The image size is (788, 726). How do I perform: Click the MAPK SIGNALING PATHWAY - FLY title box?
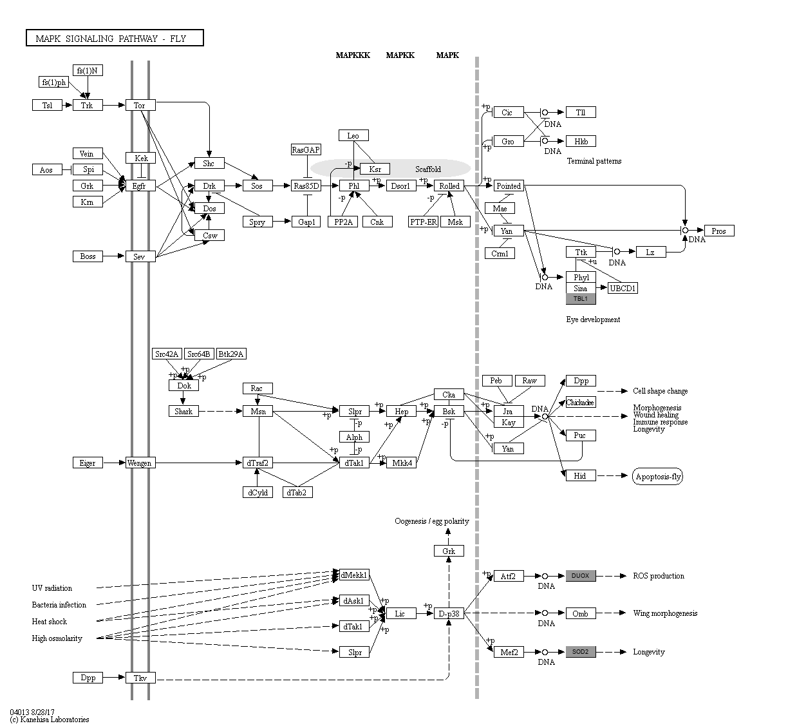(x=115, y=39)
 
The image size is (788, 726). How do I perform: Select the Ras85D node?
(x=306, y=186)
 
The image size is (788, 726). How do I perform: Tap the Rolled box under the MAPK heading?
(x=449, y=186)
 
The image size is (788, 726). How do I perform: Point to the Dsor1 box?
(x=400, y=186)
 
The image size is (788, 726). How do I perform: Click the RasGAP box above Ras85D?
(x=306, y=150)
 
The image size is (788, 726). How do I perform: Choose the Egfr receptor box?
(x=140, y=186)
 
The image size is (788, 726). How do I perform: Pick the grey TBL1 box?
(x=581, y=299)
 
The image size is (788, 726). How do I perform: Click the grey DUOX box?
(x=581, y=576)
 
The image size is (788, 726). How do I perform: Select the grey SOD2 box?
(x=581, y=652)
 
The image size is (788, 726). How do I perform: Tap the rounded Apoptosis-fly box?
(x=657, y=477)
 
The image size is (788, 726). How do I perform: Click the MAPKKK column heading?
(x=353, y=55)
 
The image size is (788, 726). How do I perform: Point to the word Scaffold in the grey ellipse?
(x=428, y=169)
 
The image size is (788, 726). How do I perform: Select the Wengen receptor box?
(x=140, y=463)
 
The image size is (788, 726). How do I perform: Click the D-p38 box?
(x=449, y=614)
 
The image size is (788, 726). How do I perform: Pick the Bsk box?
(x=449, y=412)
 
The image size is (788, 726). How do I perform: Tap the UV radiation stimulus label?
(x=52, y=588)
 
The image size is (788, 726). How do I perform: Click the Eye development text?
(x=593, y=320)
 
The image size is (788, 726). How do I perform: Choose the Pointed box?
(x=508, y=186)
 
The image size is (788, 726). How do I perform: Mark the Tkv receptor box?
(x=140, y=678)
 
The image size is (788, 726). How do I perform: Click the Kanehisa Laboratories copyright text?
(x=50, y=720)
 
